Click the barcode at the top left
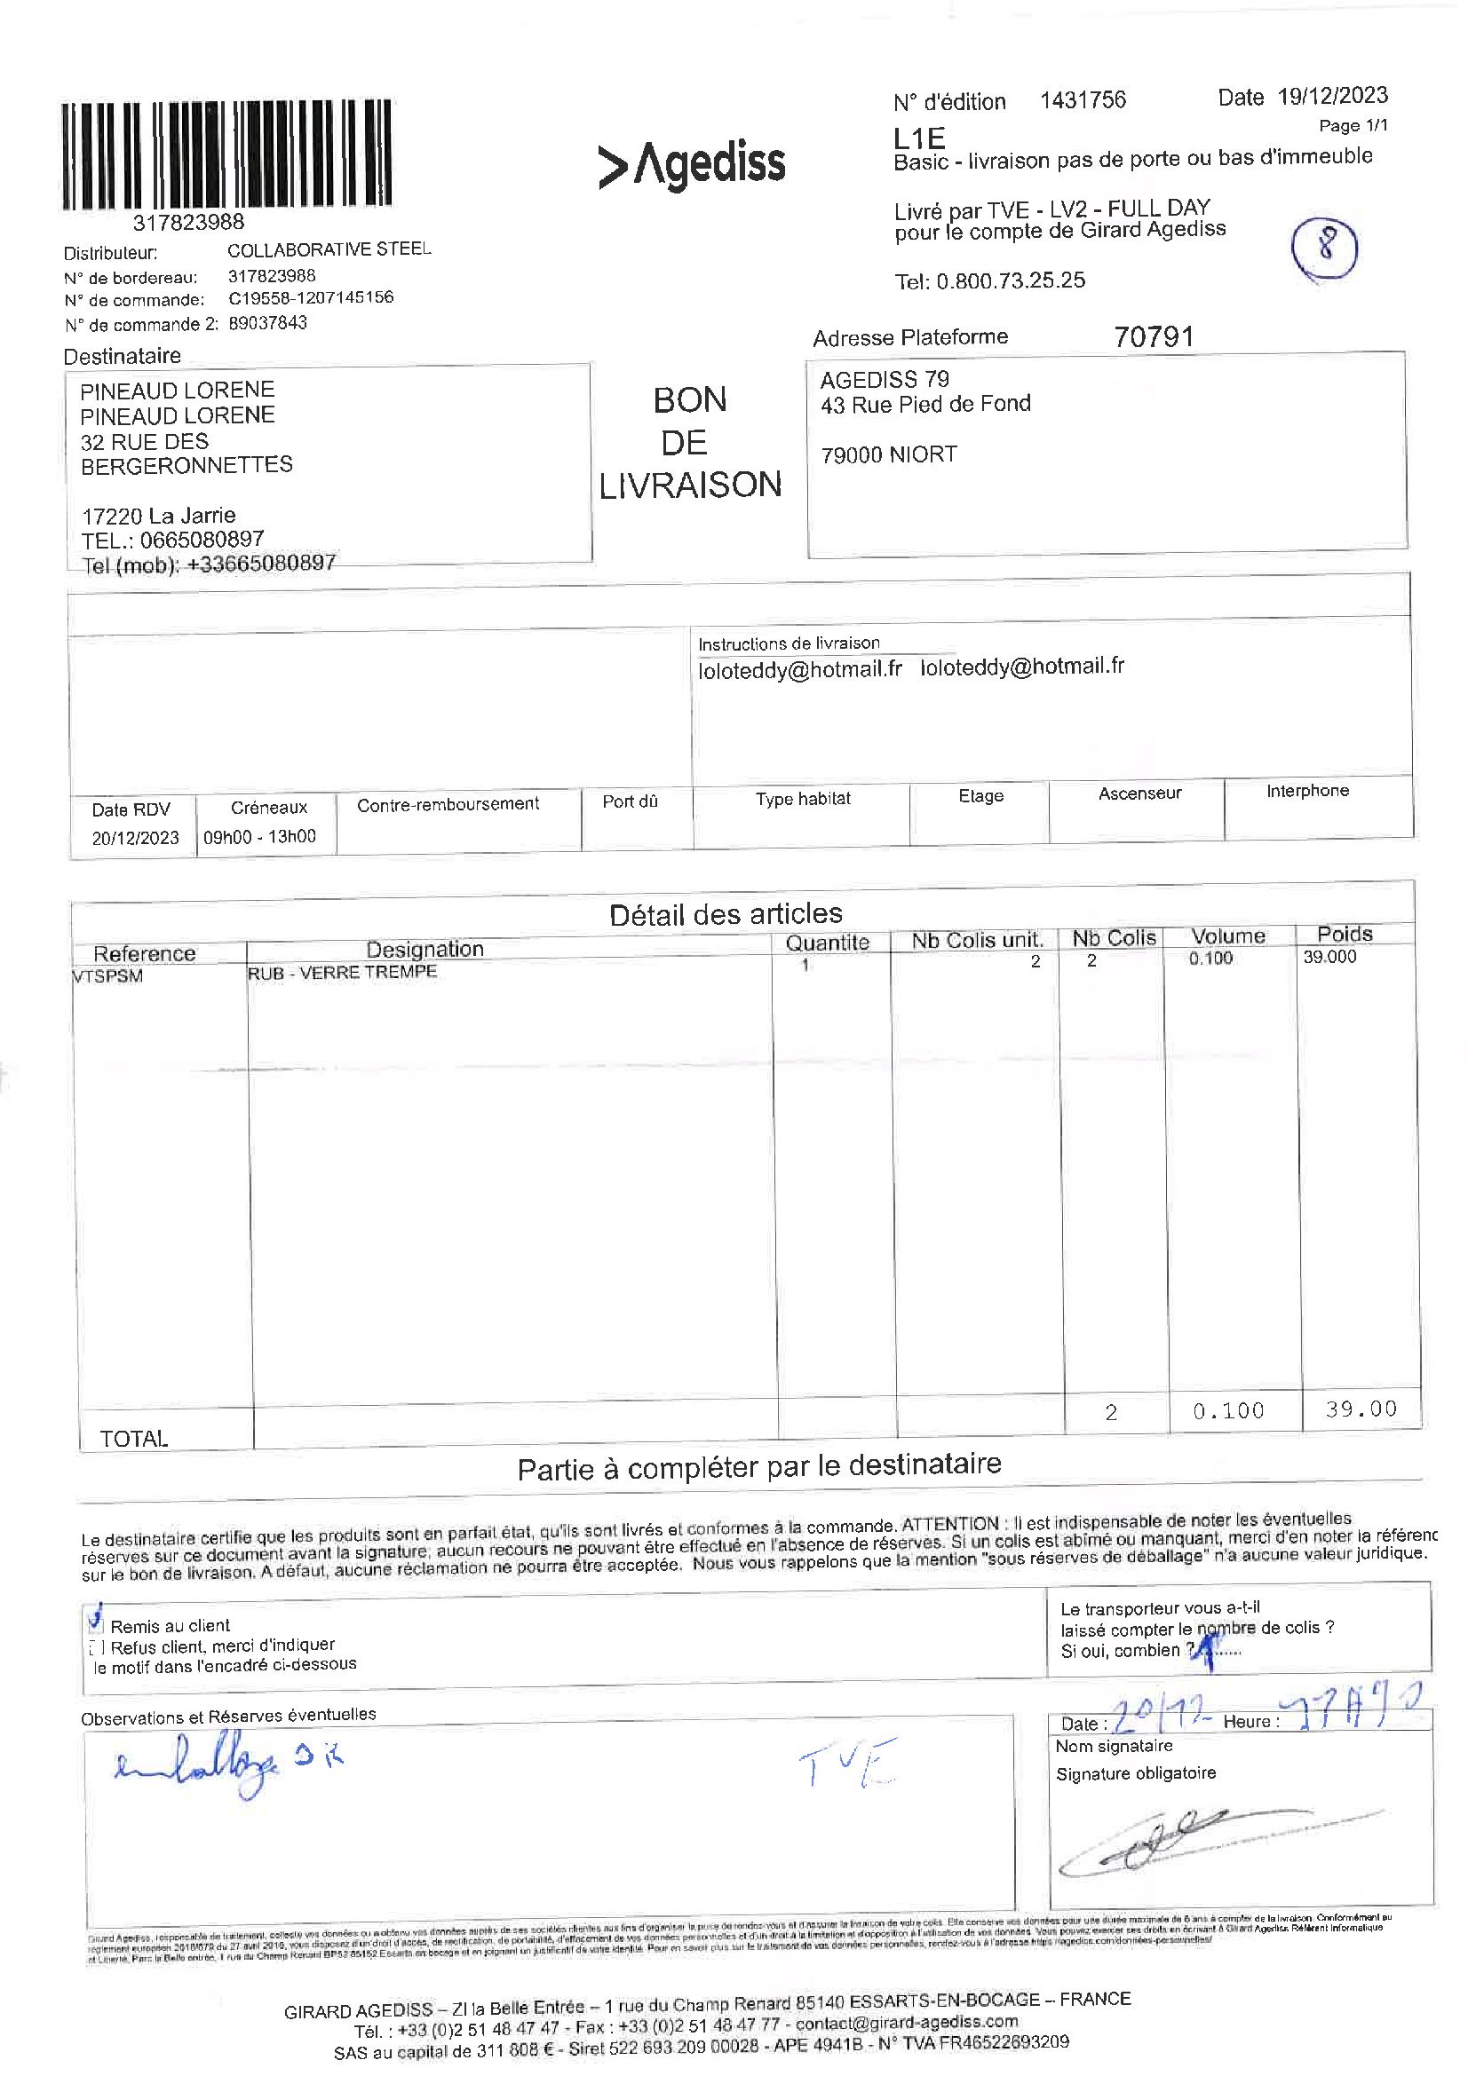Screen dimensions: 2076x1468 tap(227, 155)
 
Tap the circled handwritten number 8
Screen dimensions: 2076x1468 tap(1325, 247)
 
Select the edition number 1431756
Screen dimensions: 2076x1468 tap(1083, 100)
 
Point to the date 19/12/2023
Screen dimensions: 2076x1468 tap(1332, 96)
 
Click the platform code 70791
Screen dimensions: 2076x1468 tap(1155, 337)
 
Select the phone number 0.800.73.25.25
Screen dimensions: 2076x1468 tap(1011, 280)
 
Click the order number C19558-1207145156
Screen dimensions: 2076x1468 tap(310, 297)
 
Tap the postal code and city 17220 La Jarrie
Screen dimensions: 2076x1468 tap(158, 516)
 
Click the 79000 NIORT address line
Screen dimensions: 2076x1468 tap(888, 454)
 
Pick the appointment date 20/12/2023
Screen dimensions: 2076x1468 tap(135, 837)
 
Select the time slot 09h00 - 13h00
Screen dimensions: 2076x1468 tap(259, 836)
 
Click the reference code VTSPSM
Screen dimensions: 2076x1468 tap(107, 976)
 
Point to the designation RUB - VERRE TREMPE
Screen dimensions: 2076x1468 tap(342, 972)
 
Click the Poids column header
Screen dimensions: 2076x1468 tap(1344, 934)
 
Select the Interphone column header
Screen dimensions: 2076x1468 tap(1307, 791)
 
